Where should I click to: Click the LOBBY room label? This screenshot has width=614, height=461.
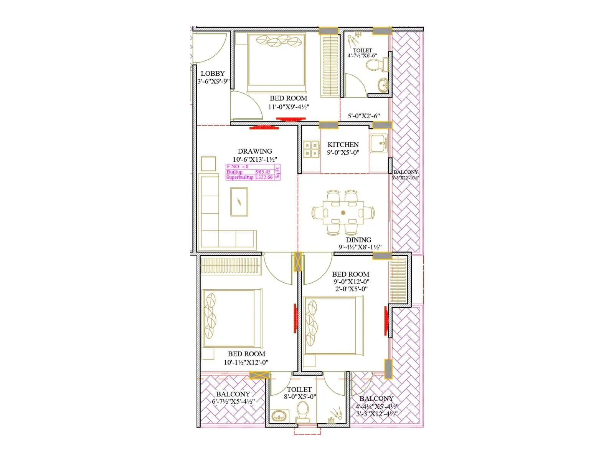pyautogui.click(x=213, y=73)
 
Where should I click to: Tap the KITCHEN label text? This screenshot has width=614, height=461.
pyautogui.click(x=343, y=145)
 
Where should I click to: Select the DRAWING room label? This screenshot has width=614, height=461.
pyautogui.click(x=255, y=151)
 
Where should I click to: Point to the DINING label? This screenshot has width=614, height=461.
pyautogui.click(x=358, y=240)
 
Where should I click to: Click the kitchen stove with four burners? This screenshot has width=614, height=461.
pyautogui.click(x=311, y=149)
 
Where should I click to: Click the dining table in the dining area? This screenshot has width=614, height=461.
pyautogui.click(x=343, y=212)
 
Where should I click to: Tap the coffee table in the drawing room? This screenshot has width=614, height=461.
pyautogui.click(x=239, y=202)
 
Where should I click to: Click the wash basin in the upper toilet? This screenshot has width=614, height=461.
pyautogui.click(x=383, y=85)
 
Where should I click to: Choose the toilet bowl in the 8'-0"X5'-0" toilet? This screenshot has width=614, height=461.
pyautogui.click(x=302, y=412)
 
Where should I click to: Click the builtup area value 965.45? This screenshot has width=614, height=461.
pyautogui.click(x=263, y=172)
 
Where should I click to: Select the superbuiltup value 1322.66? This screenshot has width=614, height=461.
pyautogui.click(x=264, y=177)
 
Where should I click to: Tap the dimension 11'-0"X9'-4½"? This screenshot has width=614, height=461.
pyautogui.click(x=289, y=107)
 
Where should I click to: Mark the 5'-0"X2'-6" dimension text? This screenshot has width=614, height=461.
pyautogui.click(x=364, y=116)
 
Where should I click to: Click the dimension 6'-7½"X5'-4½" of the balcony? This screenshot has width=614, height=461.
pyautogui.click(x=233, y=401)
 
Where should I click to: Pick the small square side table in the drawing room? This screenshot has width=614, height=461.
pyautogui.click(x=208, y=164)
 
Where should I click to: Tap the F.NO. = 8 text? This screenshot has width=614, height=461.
pyautogui.click(x=238, y=167)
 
